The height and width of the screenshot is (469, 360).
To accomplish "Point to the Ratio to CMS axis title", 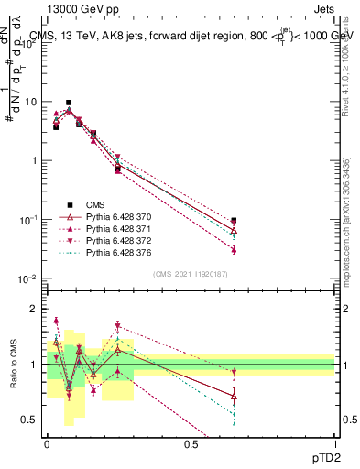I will click(12, 364).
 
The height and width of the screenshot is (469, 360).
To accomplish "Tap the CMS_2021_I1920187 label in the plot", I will click(191, 274).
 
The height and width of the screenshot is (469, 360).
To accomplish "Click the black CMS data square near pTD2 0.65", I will click(234, 221).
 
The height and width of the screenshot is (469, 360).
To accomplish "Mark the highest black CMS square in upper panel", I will click(69, 103).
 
